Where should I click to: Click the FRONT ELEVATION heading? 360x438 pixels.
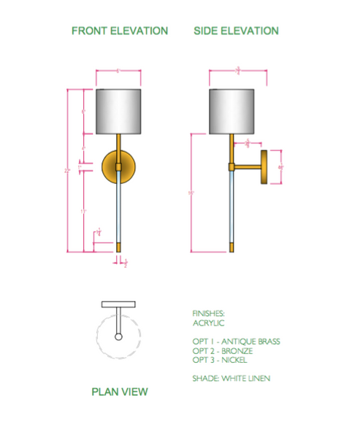tap(119, 31)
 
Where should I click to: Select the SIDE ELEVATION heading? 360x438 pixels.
tap(236, 31)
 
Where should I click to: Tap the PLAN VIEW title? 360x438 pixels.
tap(119, 392)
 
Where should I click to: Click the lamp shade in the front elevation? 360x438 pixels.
tap(118, 112)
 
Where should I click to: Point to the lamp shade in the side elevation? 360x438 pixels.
tap(231, 112)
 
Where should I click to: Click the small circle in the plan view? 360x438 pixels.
tap(118, 337)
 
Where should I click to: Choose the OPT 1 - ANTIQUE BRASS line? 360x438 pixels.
tap(236, 341)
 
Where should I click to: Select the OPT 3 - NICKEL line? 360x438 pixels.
tap(221, 360)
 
